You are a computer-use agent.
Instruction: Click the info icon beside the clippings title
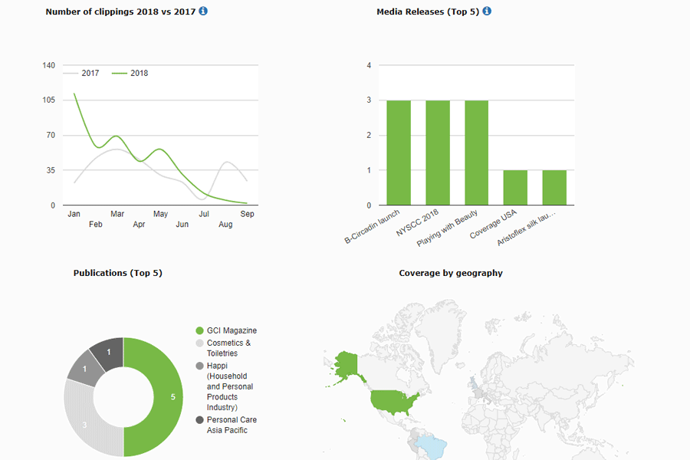pos(203,11)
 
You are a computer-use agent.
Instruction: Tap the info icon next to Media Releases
pos(487,11)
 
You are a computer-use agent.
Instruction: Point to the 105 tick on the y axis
pos(48,100)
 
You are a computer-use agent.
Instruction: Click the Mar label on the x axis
pos(117,214)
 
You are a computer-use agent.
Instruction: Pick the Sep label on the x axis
pos(247,214)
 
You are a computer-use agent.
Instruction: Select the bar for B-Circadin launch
pos(398,153)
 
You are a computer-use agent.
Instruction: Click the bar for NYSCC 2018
pos(437,153)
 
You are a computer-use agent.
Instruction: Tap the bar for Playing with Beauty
pos(476,153)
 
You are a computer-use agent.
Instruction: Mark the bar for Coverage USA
pos(515,187)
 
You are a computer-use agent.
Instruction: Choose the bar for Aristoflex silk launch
pos(554,187)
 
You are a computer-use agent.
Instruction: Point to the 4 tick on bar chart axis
pos(369,66)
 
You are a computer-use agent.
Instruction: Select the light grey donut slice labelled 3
pos(84,422)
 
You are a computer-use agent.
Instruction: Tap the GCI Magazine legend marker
pos(200,330)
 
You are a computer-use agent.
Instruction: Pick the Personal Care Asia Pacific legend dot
pos(200,420)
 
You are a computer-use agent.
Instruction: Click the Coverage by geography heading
pos(451,273)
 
